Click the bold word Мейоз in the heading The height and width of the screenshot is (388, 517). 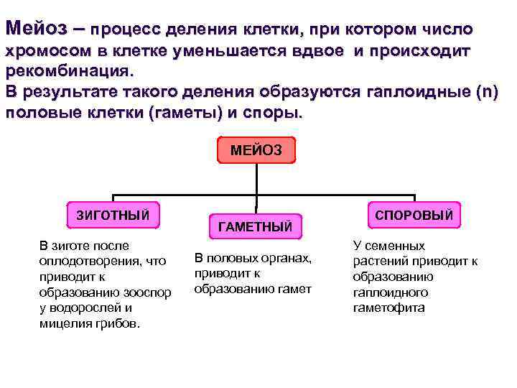[36, 29]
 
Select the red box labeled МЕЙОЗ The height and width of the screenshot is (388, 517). [256, 150]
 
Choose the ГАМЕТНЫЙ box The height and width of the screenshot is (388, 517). [255, 227]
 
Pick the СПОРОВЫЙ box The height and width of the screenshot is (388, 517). [414, 213]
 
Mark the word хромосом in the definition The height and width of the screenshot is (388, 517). [43, 52]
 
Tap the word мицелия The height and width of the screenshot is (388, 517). [63, 323]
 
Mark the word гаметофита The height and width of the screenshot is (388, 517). [388, 308]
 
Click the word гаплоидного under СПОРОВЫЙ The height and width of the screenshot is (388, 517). [390, 292]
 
